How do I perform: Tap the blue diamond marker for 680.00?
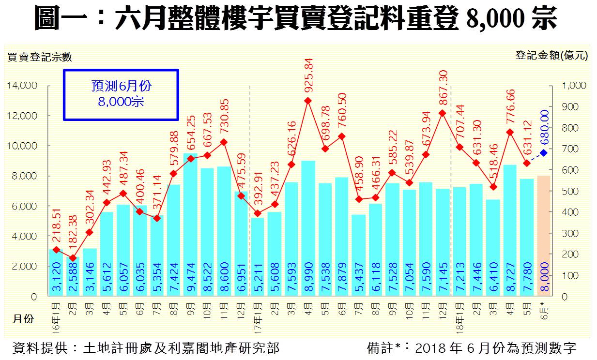click(x=544, y=153)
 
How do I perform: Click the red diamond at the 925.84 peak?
click(x=308, y=101)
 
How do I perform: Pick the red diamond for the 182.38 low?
click(x=73, y=258)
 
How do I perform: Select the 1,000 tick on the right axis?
click(x=574, y=86)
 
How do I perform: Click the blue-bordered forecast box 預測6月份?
click(x=121, y=94)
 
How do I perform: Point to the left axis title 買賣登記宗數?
click(x=40, y=57)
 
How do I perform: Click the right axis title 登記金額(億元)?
click(x=551, y=56)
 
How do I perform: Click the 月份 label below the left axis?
click(x=23, y=320)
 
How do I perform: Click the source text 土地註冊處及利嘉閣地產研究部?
click(x=182, y=348)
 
